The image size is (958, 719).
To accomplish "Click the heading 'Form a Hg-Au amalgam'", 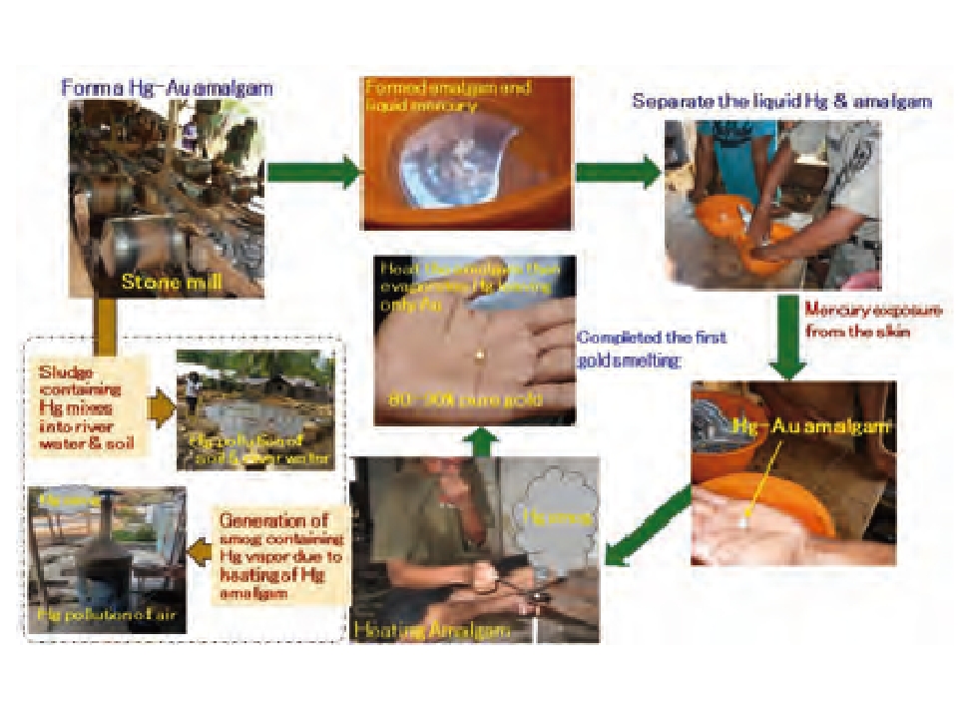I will coord(167,88).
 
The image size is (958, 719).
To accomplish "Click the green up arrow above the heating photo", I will coord(483,440).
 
